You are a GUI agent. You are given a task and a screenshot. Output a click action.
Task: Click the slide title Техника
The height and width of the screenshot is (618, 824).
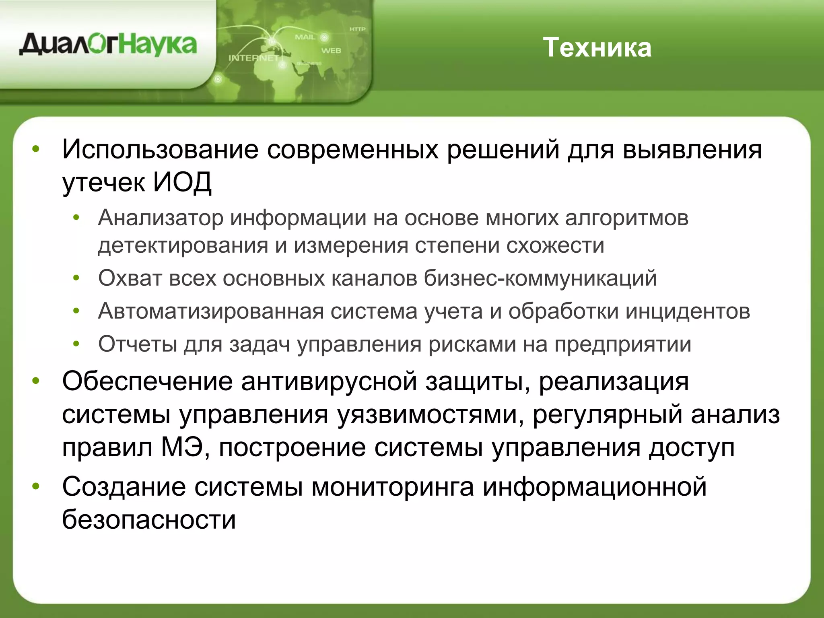597,48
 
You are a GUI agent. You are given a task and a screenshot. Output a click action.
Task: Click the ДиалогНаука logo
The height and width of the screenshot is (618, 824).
108,45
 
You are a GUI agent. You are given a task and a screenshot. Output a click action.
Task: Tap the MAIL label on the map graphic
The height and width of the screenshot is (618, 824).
305,37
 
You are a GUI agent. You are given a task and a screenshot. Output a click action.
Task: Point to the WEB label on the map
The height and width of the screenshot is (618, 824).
331,51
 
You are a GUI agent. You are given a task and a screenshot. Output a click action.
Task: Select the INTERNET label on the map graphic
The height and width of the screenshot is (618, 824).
253,58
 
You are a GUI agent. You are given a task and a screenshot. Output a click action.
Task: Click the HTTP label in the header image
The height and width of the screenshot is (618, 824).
357,29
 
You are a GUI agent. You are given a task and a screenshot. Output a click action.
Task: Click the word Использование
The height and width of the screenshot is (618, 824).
160,150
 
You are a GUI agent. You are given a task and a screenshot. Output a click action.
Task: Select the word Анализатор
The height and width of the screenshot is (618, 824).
161,218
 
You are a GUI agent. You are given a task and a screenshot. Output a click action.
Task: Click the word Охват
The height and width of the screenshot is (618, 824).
130,278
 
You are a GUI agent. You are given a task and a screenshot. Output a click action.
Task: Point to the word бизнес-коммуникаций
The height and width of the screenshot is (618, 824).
540,278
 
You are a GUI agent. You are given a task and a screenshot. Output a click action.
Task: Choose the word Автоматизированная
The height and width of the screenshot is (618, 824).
211,311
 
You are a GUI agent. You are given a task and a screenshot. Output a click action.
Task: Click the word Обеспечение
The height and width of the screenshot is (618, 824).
147,381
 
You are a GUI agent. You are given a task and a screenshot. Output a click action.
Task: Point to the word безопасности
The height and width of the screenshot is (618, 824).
149,519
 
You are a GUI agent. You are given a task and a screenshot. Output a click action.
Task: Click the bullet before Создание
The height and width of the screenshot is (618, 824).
36,486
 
